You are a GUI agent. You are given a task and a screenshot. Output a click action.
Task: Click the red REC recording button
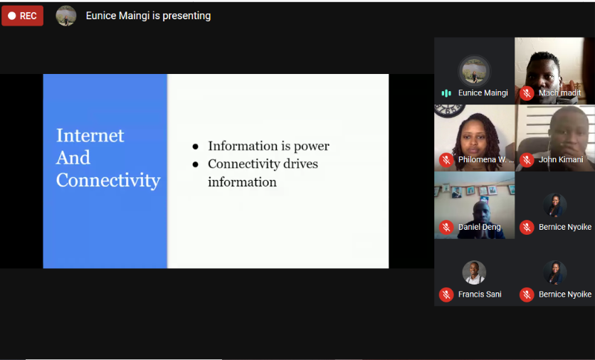coord(22,16)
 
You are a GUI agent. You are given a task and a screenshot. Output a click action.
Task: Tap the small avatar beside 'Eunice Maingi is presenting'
coord(66,16)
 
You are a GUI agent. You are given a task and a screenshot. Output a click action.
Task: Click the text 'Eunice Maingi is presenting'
coord(148,16)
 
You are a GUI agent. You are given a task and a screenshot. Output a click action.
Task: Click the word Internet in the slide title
coord(90,135)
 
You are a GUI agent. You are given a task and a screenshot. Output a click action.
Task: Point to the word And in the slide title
coord(73,157)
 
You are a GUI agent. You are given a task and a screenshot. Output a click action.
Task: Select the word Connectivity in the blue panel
coord(108,180)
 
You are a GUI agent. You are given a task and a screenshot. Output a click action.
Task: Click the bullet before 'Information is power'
coord(196,147)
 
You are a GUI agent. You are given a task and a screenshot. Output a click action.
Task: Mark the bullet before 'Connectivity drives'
coord(196,164)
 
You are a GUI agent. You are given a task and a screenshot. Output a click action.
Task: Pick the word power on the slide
coord(312,147)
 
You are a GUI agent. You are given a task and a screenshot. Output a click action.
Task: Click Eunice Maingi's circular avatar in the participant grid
coord(474,71)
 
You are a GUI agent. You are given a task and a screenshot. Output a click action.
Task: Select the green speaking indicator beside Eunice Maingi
coord(446,93)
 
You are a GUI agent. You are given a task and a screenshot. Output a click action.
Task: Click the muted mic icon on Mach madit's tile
coord(527,93)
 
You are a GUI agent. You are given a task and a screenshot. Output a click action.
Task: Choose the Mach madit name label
coord(559,93)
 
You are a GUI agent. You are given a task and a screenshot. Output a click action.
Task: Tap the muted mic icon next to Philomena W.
coord(446,159)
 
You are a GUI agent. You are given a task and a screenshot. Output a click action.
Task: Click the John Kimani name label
coord(561,159)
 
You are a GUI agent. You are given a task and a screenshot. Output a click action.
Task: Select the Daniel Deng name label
coord(479,227)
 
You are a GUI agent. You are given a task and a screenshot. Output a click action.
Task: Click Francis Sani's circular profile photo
coord(474,272)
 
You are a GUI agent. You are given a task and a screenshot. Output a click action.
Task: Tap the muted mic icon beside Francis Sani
coord(446,295)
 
